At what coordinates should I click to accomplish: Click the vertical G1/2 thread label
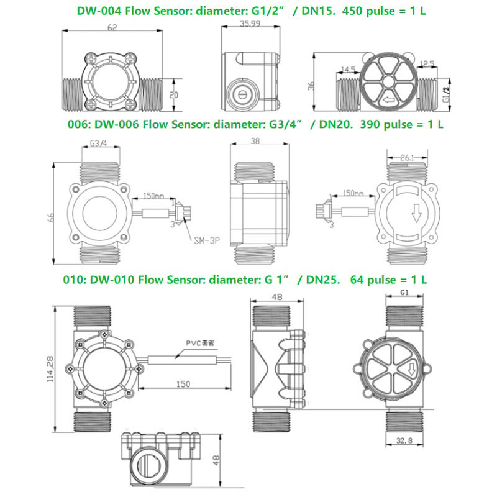point(445,94)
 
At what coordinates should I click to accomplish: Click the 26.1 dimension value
point(407,158)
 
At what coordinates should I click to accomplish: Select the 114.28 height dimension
point(50,370)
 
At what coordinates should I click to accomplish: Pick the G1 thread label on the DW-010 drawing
point(404,291)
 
